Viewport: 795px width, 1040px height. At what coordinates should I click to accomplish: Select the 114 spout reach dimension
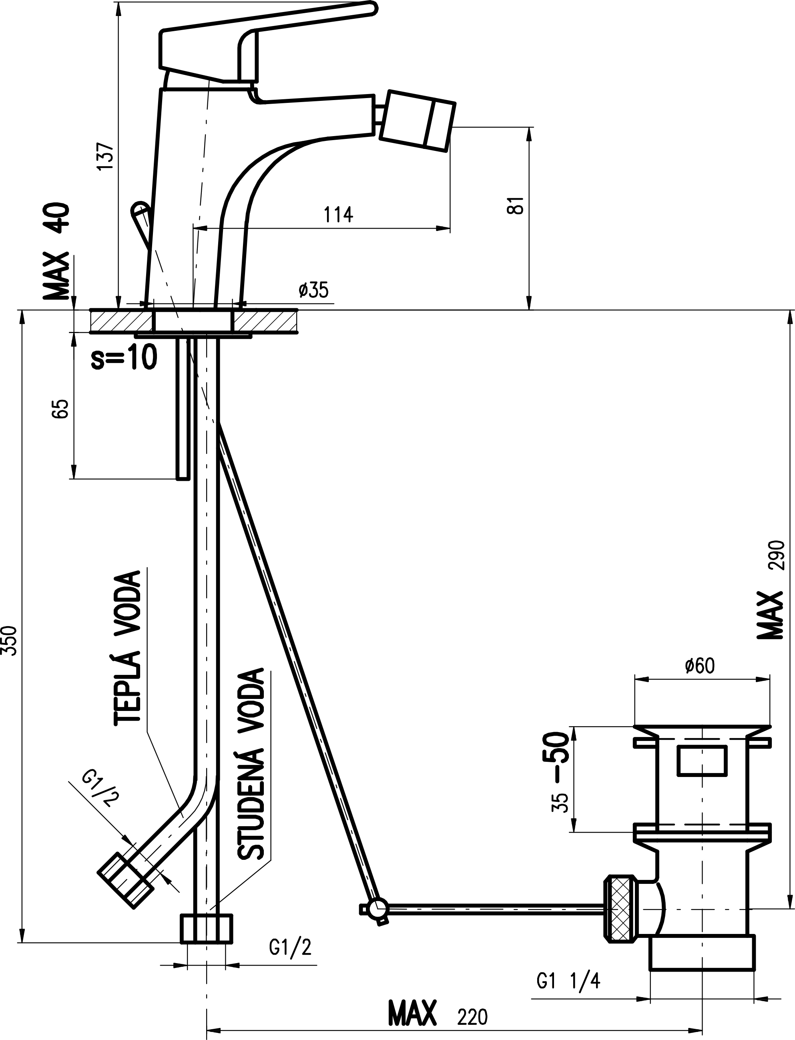pos(338,215)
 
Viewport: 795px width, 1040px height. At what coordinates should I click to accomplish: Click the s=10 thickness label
pos(124,357)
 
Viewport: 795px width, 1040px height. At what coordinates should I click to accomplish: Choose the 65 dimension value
pos(61,408)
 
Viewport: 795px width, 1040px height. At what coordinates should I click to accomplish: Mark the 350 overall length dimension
pos(10,640)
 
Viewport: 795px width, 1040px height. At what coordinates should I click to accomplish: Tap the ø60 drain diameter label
pos(700,666)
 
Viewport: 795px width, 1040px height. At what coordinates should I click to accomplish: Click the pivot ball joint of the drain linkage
pos(379,908)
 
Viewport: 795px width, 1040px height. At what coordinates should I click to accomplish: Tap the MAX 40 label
pos(57,251)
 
